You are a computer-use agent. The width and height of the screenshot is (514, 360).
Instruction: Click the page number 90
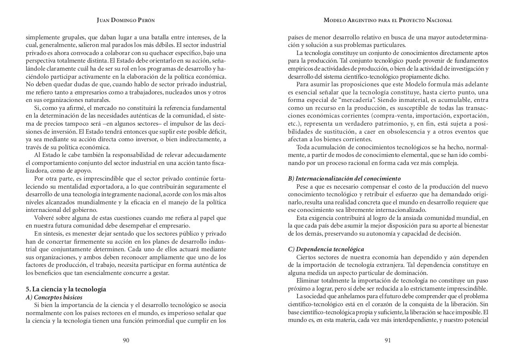coord(126,340)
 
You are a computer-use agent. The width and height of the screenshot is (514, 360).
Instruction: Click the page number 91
coord(388,340)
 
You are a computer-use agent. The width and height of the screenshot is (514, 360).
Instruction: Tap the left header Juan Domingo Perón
coord(126,20)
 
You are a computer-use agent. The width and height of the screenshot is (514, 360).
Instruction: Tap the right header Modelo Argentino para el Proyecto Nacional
coord(388,20)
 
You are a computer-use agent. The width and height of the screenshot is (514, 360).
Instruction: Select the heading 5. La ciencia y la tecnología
coord(66,289)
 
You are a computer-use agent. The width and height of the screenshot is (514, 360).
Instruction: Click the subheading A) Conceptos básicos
coord(54,297)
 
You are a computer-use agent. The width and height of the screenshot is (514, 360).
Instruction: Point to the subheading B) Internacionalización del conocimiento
coord(344,179)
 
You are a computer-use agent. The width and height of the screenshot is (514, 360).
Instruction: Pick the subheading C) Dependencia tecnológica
coord(326,249)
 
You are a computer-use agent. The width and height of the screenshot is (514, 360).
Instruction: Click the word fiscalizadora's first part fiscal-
coord(217,163)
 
